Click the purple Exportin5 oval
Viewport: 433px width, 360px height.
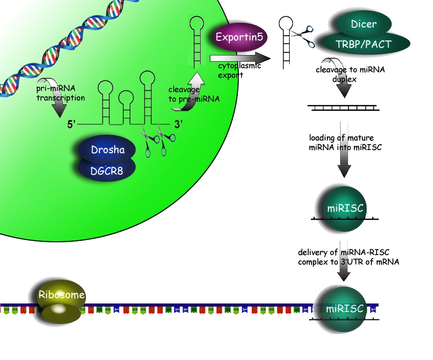coord(239,36)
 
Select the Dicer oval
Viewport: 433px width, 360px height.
coord(364,23)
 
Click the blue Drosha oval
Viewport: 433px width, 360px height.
coord(107,150)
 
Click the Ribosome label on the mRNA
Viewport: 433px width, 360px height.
coord(61,295)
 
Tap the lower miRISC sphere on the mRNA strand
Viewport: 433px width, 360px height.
coord(345,309)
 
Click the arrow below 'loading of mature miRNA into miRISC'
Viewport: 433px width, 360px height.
coord(345,161)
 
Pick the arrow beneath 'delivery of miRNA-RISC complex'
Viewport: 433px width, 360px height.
coord(344,271)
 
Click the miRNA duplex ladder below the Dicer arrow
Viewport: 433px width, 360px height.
coord(344,108)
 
